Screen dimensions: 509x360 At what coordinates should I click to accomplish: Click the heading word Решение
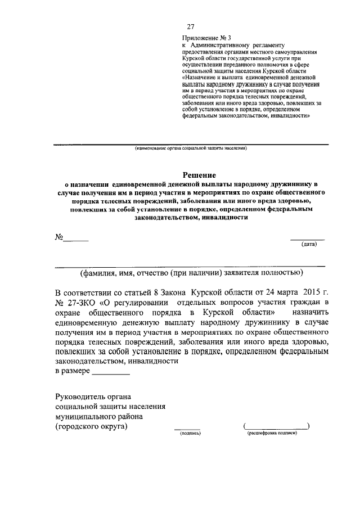point(198,176)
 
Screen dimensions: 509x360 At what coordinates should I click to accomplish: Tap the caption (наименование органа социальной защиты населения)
point(190,149)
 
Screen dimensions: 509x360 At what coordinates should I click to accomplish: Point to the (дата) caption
point(309,245)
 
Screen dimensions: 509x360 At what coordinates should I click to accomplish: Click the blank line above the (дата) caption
point(307,239)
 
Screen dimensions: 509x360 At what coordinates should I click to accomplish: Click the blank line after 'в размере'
point(110,373)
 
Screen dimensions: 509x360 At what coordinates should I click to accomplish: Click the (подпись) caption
point(186,434)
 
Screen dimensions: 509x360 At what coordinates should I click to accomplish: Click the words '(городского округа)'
point(91,426)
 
